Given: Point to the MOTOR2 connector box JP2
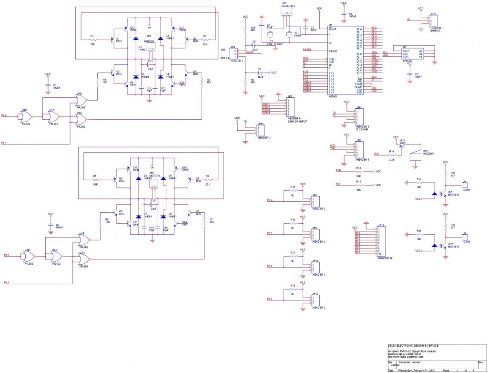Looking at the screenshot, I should [153, 183].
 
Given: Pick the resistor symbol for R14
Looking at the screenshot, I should [392, 155].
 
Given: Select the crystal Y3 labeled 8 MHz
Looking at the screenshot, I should [288, 34].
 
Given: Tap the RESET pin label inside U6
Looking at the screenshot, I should [333, 51].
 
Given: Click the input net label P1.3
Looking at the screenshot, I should [7, 283].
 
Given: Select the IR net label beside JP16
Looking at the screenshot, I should [409, 20].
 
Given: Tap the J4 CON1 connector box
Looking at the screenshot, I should [466, 185].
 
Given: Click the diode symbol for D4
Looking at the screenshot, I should [162, 75].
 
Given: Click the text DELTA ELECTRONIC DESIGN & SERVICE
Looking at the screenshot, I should [413, 345].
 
